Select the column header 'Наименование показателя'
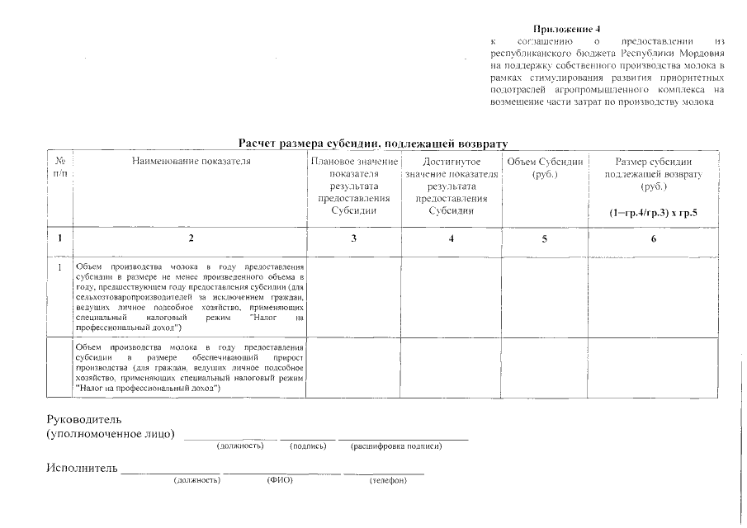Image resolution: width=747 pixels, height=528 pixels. pos(191,162)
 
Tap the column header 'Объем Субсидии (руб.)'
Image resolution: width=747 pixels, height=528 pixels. pos(545,168)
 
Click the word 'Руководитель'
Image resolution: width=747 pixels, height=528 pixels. pos(84,419)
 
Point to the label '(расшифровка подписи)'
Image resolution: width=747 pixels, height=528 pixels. pos(396,446)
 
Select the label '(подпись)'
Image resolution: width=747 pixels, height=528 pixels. pos(309,446)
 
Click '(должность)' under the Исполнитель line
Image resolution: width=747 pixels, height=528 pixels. pos(196,479)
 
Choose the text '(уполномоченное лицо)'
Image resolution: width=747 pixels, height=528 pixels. pos(111,434)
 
